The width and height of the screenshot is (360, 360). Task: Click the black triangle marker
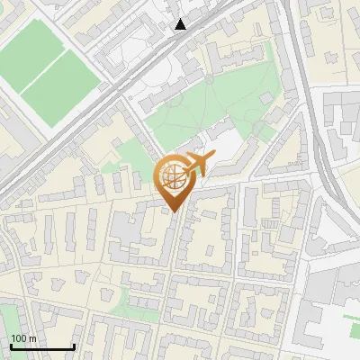click(181, 24)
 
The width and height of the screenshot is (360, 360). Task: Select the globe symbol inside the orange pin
click(175, 177)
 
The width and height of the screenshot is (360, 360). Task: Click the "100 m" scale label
click(24, 338)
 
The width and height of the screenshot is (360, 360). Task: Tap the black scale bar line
click(42, 346)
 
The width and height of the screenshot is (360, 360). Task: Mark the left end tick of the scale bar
click(11, 345)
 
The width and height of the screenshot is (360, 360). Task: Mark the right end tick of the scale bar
click(74, 345)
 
